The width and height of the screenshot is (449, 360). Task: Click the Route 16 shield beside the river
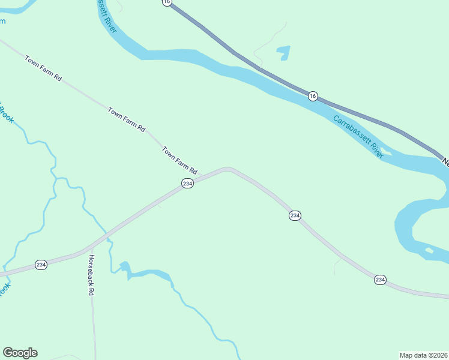pyautogui.click(x=313, y=96)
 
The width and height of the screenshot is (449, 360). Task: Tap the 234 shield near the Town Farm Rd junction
pyautogui.click(x=187, y=184)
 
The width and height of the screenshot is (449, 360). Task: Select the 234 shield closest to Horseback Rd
pyautogui.click(x=41, y=265)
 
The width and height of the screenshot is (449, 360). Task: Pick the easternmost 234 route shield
pyautogui.click(x=380, y=280)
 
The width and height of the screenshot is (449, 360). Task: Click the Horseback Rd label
pyautogui.click(x=92, y=275)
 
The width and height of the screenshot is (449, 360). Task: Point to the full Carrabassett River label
pyautogui.click(x=358, y=136)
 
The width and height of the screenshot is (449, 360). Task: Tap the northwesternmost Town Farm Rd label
pyautogui.click(x=43, y=68)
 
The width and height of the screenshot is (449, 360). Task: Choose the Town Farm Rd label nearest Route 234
pyautogui.click(x=179, y=160)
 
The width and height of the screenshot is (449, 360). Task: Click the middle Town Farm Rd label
pyautogui.click(x=127, y=119)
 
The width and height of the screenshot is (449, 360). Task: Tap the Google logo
pyautogui.click(x=20, y=353)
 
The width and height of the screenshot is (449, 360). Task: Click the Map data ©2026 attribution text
pyautogui.click(x=423, y=355)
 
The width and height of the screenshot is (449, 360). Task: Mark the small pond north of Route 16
pyautogui.click(x=283, y=53)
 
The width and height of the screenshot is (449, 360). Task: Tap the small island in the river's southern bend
pyautogui.click(x=429, y=250)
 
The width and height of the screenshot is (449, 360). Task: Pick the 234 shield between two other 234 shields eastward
pyautogui.click(x=294, y=215)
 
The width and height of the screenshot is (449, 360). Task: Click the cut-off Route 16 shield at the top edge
pyautogui.click(x=167, y=2)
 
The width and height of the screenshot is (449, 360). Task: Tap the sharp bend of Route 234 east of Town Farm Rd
pyautogui.click(x=227, y=169)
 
